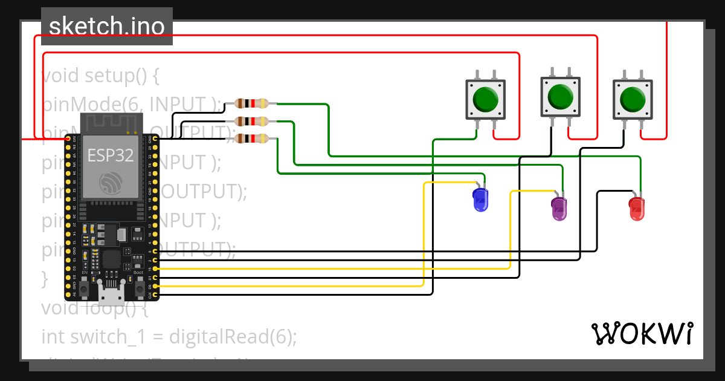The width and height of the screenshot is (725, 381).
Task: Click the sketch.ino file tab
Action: click(x=107, y=27)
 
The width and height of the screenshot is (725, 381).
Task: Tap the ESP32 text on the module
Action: click(x=111, y=155)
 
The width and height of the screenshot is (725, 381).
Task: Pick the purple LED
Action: click(x=559, y=208)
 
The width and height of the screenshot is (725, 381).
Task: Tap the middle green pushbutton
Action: click(x=560, y=96)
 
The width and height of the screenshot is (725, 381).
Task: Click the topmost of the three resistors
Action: click(x=251, y=103)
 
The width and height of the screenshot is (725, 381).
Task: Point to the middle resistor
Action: click(x=251, y=121)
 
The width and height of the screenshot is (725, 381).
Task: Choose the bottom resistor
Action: click(x=251, y=139)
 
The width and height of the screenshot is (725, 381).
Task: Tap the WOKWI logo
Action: click(x=642, y=333)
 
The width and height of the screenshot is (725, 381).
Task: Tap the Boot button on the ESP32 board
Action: click(x=138, y=285)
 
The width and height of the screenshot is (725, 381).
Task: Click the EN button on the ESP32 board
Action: click(x=85, y=285)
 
